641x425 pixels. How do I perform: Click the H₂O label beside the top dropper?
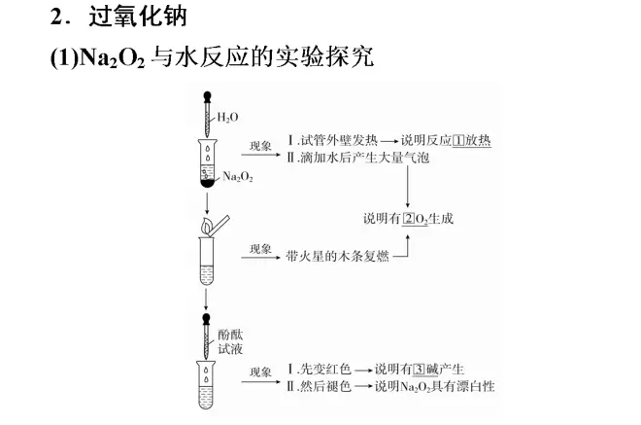pos(227,118)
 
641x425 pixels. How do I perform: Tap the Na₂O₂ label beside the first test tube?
pos(238,176)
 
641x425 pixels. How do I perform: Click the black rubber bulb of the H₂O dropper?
pos(207,96)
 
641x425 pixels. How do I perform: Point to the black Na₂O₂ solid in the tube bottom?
pos(207,184)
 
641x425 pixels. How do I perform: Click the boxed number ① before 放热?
pos(458,140)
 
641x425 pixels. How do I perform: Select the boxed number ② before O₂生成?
pos(409,219)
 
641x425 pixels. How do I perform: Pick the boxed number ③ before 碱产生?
pos(420,370)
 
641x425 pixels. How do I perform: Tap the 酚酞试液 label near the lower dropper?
pos(230,342)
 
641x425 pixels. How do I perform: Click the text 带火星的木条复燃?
pos(337,257)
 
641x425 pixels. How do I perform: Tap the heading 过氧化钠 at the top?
pos(138,17)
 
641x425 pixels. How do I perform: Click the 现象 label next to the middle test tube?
pos(260,249)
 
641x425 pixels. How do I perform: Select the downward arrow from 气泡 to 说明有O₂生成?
pos(408,187)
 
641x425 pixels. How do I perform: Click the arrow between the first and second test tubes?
pos(207,203)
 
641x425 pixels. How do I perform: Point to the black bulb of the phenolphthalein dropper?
pos(207,319)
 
